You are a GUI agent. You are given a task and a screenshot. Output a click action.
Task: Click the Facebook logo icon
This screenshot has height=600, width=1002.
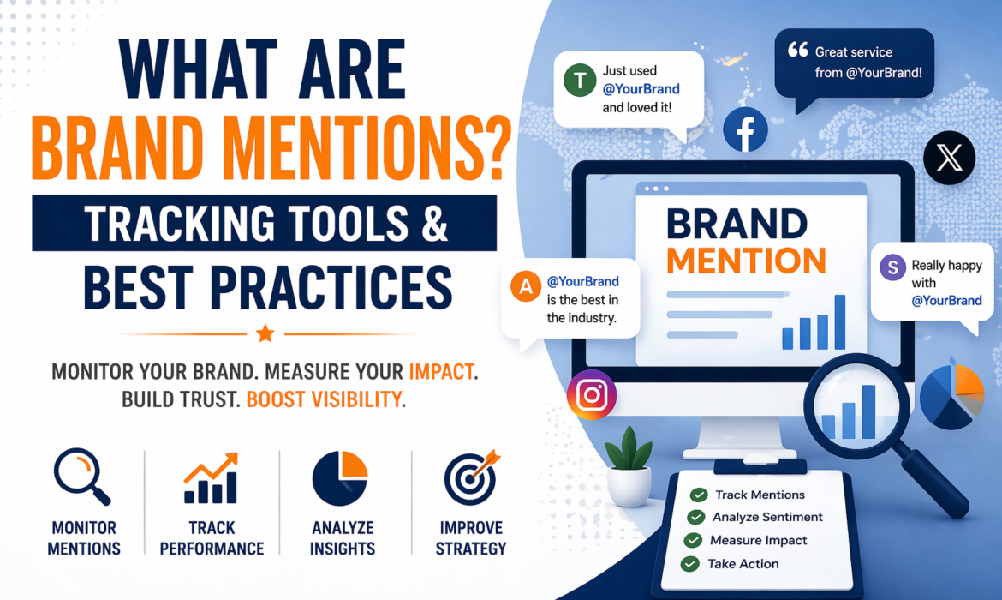coord(744,130)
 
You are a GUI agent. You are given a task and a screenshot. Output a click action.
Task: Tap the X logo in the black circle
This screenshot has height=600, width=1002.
coord(950,159)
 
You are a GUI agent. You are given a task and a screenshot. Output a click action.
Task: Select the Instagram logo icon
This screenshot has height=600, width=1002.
coord(592,394)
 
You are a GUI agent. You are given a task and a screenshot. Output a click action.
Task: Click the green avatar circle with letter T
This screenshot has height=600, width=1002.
coord(580,81)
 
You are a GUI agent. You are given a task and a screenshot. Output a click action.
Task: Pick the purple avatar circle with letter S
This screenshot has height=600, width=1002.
coord(892,267)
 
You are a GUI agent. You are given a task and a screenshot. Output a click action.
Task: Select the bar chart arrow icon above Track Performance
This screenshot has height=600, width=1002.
coord(211,477)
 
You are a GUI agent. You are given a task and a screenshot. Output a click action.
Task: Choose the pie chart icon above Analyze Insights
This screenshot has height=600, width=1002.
coord(340,477)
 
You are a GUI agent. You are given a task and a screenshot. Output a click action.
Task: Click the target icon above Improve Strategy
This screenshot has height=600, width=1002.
coord(470,477)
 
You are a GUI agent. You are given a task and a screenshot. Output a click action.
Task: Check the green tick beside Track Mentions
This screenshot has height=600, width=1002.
coord(699,495)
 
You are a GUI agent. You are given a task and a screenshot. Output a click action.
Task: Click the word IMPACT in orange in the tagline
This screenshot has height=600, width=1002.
coord(441,373)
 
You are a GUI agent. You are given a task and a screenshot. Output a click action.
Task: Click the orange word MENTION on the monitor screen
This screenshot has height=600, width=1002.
coord(746,261)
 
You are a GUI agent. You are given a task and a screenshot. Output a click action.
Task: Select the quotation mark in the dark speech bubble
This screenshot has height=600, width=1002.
coord(797,51)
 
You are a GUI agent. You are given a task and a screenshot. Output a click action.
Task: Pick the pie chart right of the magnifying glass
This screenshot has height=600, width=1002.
coord(951,396)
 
